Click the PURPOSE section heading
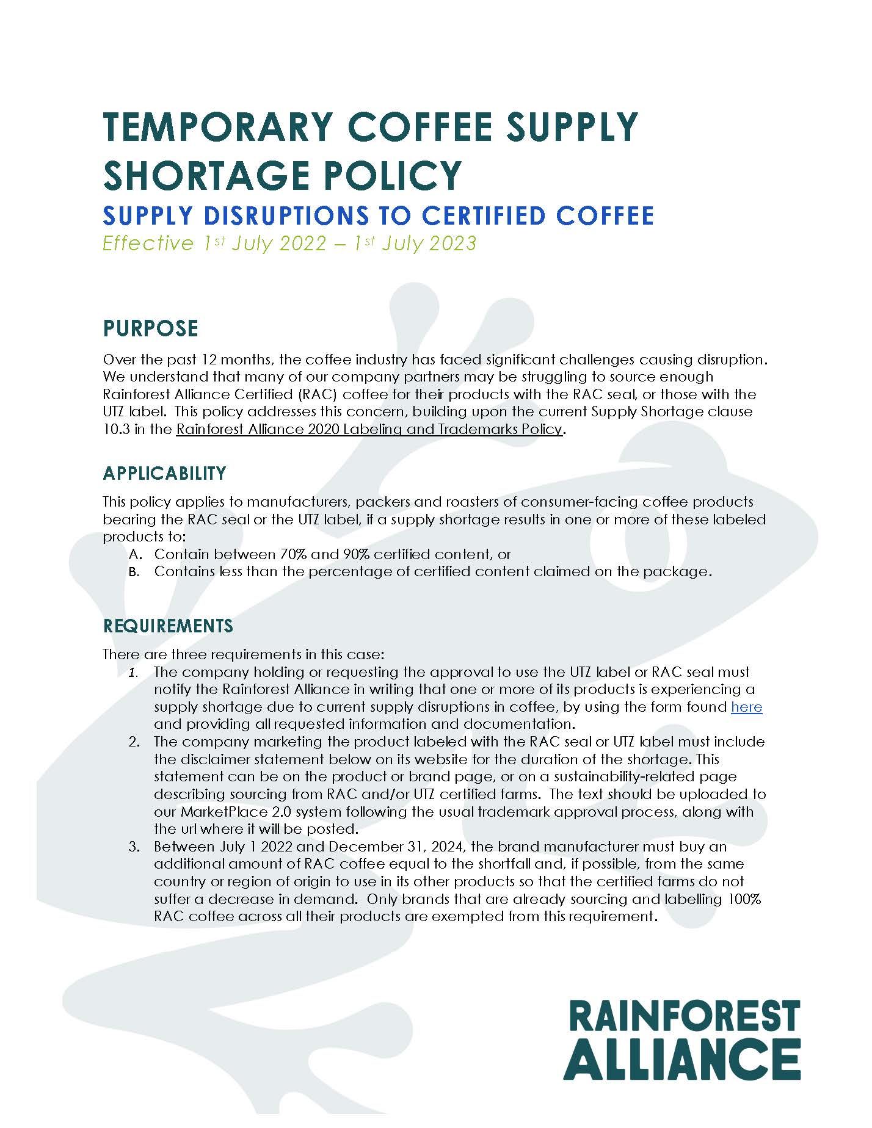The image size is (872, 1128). [x=150, y=328]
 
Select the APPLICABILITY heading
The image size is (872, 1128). [x=164, y=473]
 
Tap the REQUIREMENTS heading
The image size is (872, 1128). [x=168, y=626]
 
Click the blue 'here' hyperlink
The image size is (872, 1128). [x=746, y=707]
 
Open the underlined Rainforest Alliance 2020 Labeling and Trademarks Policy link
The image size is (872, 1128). [x=369, y=429]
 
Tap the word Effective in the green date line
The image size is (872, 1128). [x=147, y=244]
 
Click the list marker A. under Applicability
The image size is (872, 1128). [x=136, y=555]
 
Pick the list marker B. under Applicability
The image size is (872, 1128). [x=136, y=573]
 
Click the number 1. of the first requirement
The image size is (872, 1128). [x=133, y=673]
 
